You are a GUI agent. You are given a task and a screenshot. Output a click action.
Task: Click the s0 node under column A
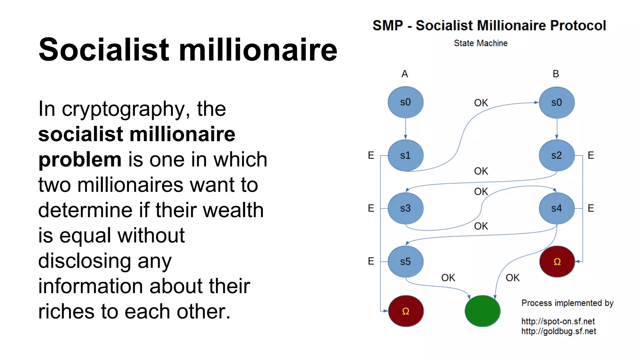(405, 102)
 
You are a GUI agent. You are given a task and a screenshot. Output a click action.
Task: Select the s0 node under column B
(557, 102)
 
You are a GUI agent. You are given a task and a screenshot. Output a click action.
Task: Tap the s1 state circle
(405, 155)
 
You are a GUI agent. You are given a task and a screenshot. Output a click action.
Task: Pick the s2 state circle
(557, 155)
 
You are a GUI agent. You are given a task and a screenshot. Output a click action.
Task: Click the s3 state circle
(405, 208)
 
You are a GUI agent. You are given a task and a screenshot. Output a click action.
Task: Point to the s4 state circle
(557, 208)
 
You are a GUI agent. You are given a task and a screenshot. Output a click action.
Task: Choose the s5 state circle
(405, 261)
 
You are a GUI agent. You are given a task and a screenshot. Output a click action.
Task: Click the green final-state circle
(482, 311)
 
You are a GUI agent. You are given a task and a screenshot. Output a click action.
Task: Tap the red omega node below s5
(406, 311)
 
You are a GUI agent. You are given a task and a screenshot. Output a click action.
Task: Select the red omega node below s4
(557, 261)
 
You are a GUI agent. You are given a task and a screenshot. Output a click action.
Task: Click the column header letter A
(405, 74)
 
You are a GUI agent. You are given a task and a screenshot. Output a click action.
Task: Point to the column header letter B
(556, 74)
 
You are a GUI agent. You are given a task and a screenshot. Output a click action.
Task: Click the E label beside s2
(591, 155)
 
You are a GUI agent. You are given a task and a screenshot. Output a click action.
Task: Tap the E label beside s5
(371, 261)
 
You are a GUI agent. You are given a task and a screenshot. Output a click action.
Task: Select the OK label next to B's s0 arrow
(481, 103)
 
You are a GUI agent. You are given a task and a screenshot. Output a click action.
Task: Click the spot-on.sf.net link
(558, 321)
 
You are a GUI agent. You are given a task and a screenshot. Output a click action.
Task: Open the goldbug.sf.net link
(558, 331)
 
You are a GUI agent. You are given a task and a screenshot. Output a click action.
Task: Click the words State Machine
(481, 43)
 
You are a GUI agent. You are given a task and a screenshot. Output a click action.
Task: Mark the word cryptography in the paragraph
(123, 109)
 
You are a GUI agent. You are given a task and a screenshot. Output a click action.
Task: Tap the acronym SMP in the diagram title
(387, 26)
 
